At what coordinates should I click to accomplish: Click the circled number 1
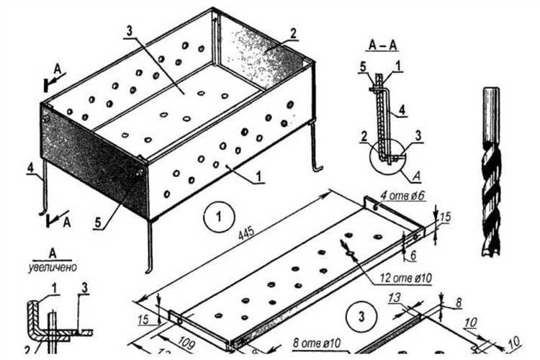tap(215, 215)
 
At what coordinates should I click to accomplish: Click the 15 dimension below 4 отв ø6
tap(445, 216)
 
